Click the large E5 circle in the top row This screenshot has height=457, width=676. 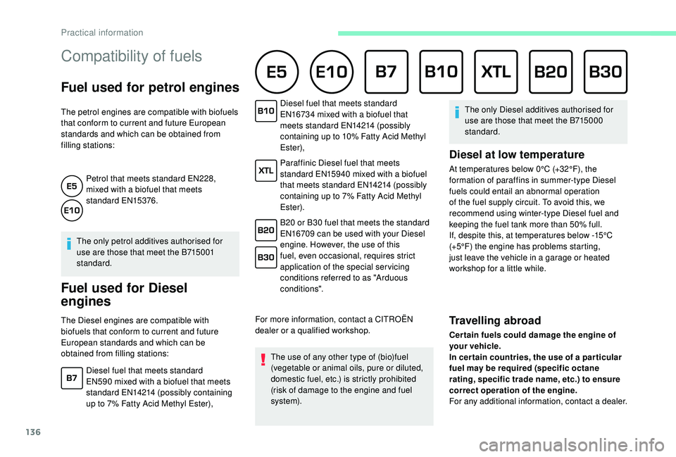click(x=276, y=72)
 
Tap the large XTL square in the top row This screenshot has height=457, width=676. click(x=496, y=72)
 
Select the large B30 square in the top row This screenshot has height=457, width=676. click(x=606, y=72)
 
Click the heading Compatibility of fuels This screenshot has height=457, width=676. click(x=132, y=56)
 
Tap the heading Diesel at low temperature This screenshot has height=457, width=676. click(x=516, y=154)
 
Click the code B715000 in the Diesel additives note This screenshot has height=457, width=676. click(x=590, y=120)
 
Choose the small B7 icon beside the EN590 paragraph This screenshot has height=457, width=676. click(x=72, y=379)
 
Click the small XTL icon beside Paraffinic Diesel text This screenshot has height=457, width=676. click(x=266, y=170)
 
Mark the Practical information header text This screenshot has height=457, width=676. click(x=101, y=32)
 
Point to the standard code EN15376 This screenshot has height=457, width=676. click(x=136, y=201)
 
